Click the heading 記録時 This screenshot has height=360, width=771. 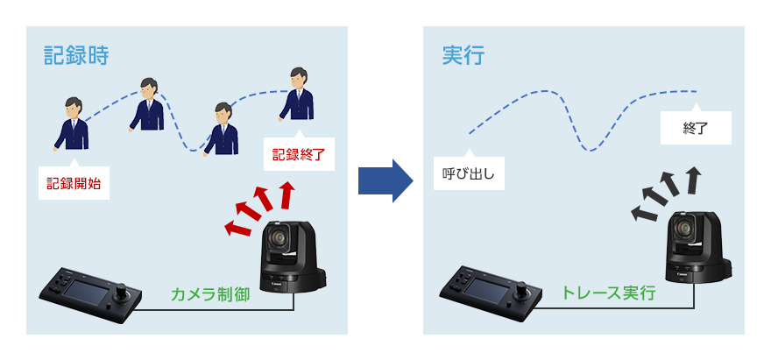[x=76, y=56]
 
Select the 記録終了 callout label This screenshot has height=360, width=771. [x=298, y=154]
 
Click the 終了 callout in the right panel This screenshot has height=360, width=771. [x=695, y=129]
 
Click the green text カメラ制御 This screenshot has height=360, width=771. [x=211, y=293]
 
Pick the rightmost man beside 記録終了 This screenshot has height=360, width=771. [x=298, y=95]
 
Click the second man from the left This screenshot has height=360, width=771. [x=147, y=105]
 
